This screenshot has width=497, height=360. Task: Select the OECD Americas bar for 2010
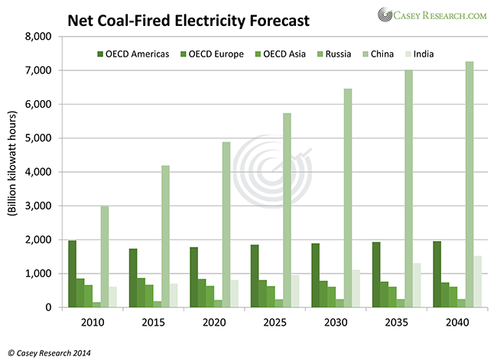73,274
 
